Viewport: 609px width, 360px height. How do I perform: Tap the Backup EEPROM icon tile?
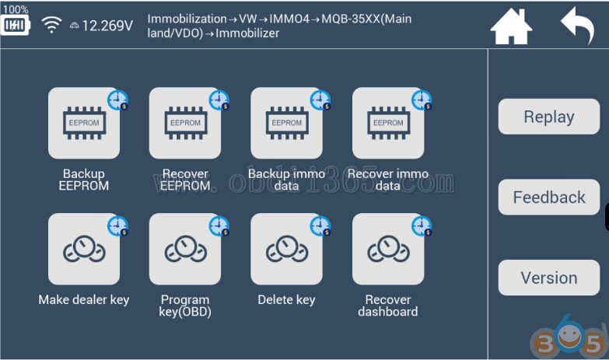(84, 124)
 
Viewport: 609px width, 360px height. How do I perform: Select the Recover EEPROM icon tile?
(185, 124)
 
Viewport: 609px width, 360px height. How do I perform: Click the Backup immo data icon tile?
(286, 124)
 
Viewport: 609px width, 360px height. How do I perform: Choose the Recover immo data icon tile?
(388, 124)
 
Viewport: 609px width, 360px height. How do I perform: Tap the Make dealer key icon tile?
(84, 250)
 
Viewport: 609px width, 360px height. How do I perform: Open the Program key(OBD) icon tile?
(185, 250)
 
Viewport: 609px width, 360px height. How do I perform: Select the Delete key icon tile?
(286, 250)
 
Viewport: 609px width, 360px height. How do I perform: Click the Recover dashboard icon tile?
(388, 250)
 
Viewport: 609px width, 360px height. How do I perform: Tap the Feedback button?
(549, 197)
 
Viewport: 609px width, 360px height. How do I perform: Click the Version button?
(549, 278)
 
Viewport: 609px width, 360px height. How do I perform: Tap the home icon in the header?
(511, 27)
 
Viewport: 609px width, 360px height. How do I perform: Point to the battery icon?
(16, 26)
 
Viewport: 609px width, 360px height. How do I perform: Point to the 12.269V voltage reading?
(107, 26)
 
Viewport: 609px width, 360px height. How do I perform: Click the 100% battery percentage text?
(15, 9)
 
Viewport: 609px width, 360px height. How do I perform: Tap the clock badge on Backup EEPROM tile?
(118, 100)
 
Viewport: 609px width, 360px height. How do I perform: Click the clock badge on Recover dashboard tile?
(422, 225)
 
